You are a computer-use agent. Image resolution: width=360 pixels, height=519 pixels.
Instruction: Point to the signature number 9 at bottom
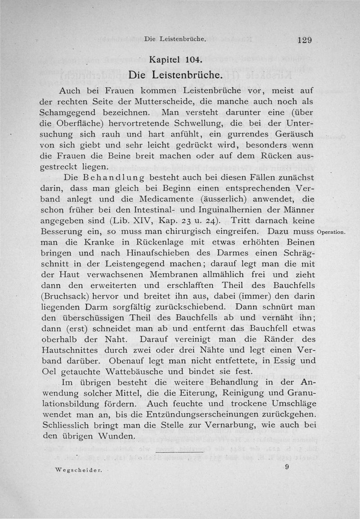(286, 467)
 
